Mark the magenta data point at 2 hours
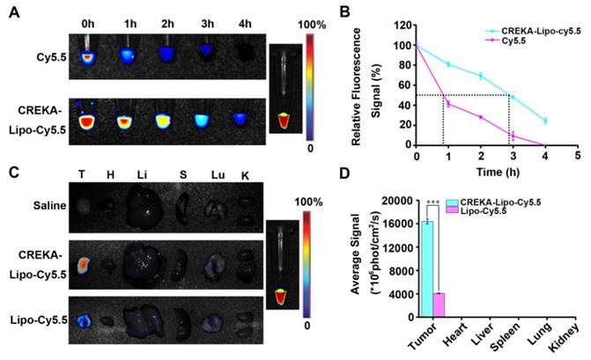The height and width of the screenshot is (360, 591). pyautogui.click(x=480, y=117)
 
